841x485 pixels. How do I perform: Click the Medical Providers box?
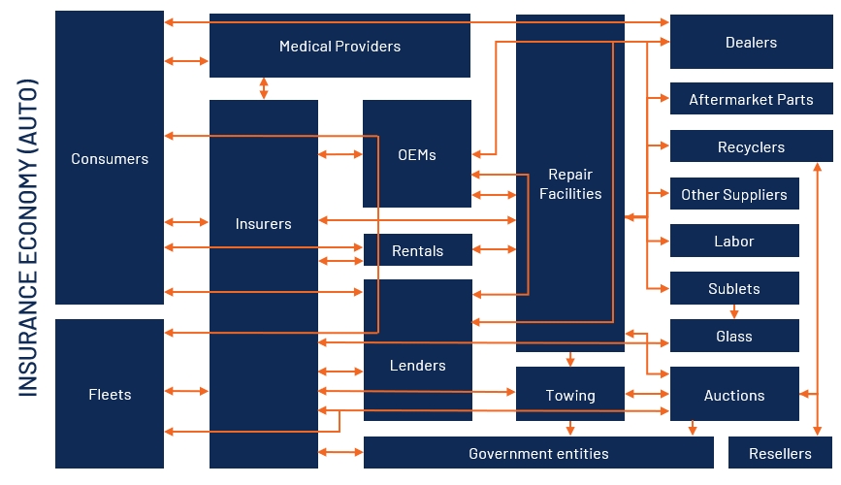tap(340, 46)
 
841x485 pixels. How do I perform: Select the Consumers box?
tap(110, 158)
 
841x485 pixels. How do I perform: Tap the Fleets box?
tap(110, 395)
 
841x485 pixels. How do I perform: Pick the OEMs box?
tap(417, 154)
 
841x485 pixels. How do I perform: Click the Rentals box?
tap(417, 250)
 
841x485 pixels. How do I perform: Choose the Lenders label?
tap(417, 366)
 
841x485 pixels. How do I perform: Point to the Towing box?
tap(570, 395)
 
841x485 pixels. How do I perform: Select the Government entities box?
tap(538, 453)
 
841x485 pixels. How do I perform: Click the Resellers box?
tap(781, 453)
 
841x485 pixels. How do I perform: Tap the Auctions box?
tap(734, 395)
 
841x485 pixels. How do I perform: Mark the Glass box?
tap(734, 336)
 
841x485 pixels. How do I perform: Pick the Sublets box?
tap(734, 288)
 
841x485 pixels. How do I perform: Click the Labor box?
tap(734, 241)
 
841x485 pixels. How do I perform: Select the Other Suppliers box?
tap(734, 194)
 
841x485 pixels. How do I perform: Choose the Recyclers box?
tap(751, 146)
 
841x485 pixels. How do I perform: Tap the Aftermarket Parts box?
tap(751, 99)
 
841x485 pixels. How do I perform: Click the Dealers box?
tap(751, 42)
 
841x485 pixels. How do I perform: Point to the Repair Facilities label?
tap(570, 183)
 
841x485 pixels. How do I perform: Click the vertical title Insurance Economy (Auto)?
tap(27, 238)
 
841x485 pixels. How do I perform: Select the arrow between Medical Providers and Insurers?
tap(264, 88)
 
